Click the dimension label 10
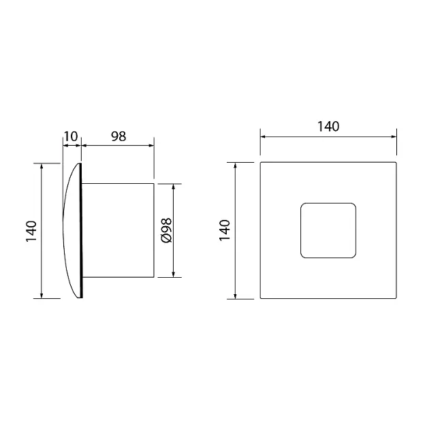tap(71, 136)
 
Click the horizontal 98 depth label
tap(118, 136)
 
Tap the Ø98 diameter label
tap(167, 230)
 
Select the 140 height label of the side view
tap(31, 231)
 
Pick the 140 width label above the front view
tap(328, 127)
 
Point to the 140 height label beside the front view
tap(225, 230)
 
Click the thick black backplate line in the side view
tap(81, 230)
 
